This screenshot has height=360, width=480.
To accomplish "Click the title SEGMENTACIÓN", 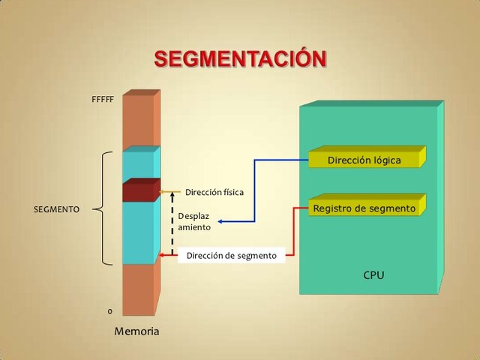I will coord(240,59).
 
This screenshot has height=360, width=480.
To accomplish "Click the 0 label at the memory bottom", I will coord(110,310).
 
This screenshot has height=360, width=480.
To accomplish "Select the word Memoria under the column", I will coord(136,331).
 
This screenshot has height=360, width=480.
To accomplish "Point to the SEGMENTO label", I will coord(57,209).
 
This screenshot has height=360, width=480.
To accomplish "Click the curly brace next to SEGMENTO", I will coord(105,208).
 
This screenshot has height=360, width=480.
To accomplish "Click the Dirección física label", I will coord(214,192).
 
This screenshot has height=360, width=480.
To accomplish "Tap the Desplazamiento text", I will coord(194,221).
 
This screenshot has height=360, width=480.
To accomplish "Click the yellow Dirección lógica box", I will coord(364,160).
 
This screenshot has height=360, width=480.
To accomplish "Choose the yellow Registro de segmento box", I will coord(364,208).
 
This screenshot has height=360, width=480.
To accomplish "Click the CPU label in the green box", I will coord(373,275).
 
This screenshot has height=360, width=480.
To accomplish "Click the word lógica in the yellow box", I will coord(385,160).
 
